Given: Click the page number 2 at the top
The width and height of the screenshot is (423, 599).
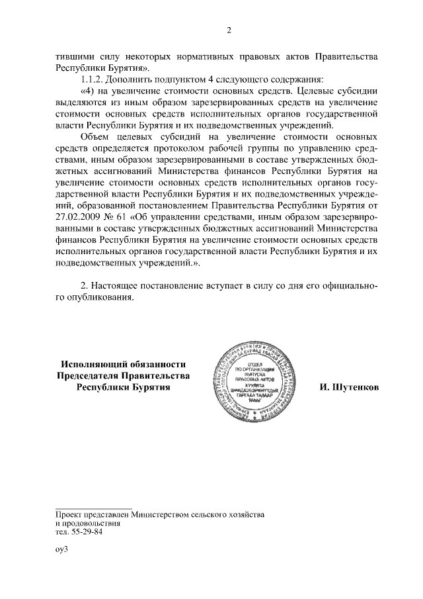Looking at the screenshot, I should [x=228, y=30].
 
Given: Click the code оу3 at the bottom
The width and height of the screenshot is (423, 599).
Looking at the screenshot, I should [x=62, y=549].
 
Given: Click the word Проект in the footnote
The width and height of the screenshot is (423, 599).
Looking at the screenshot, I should [x=69, y=514].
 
